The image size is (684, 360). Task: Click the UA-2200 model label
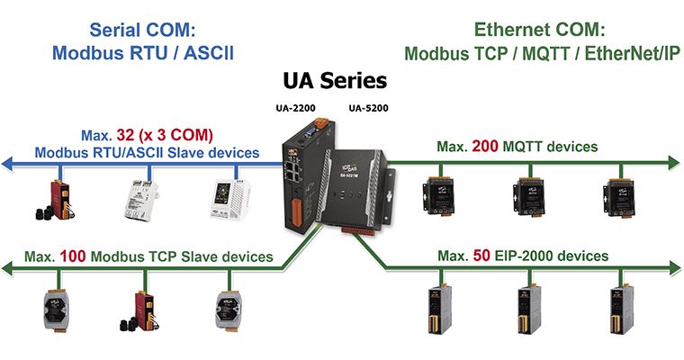coord(295,108)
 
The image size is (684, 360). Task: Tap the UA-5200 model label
coord(368,108)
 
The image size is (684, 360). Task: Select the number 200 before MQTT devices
coord(484,146)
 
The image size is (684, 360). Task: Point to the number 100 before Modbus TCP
coord(72,256)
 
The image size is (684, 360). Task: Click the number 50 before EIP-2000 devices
coord(481,256)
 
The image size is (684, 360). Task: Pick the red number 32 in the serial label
coord(125,135)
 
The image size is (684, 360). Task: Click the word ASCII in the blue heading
coord(209,53)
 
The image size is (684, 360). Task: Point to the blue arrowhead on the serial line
coord(8,164)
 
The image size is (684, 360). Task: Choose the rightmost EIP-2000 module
coord(621,310)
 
